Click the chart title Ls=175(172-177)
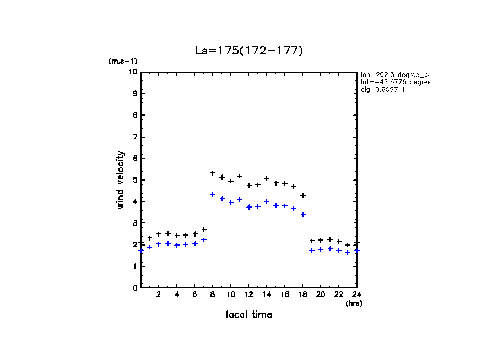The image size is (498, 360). [249, 51]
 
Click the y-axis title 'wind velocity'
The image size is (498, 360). [121, 180]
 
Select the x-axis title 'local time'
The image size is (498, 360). [249, 314]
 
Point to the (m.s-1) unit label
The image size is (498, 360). [123, 61]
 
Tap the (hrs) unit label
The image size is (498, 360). [354, 303]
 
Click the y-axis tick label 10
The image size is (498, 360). [133, 72]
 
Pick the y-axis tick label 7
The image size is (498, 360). [134, 137]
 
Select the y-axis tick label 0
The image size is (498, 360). [134, 288]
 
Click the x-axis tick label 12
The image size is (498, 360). [249, 294]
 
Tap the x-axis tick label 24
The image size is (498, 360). [357, 294]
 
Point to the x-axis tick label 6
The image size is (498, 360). [195, 294]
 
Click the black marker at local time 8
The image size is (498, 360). [213, 173]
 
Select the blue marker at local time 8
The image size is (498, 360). [213, 194]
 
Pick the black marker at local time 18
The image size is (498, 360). [303, 195]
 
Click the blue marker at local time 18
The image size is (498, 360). [303, 215]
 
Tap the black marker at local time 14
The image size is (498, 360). [267, 178]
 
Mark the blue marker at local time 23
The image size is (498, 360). [348, 253]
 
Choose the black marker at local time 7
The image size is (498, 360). [204, 230]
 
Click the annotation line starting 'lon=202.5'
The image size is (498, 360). [394, 74]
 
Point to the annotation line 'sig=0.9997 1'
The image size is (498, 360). [383, 90]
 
